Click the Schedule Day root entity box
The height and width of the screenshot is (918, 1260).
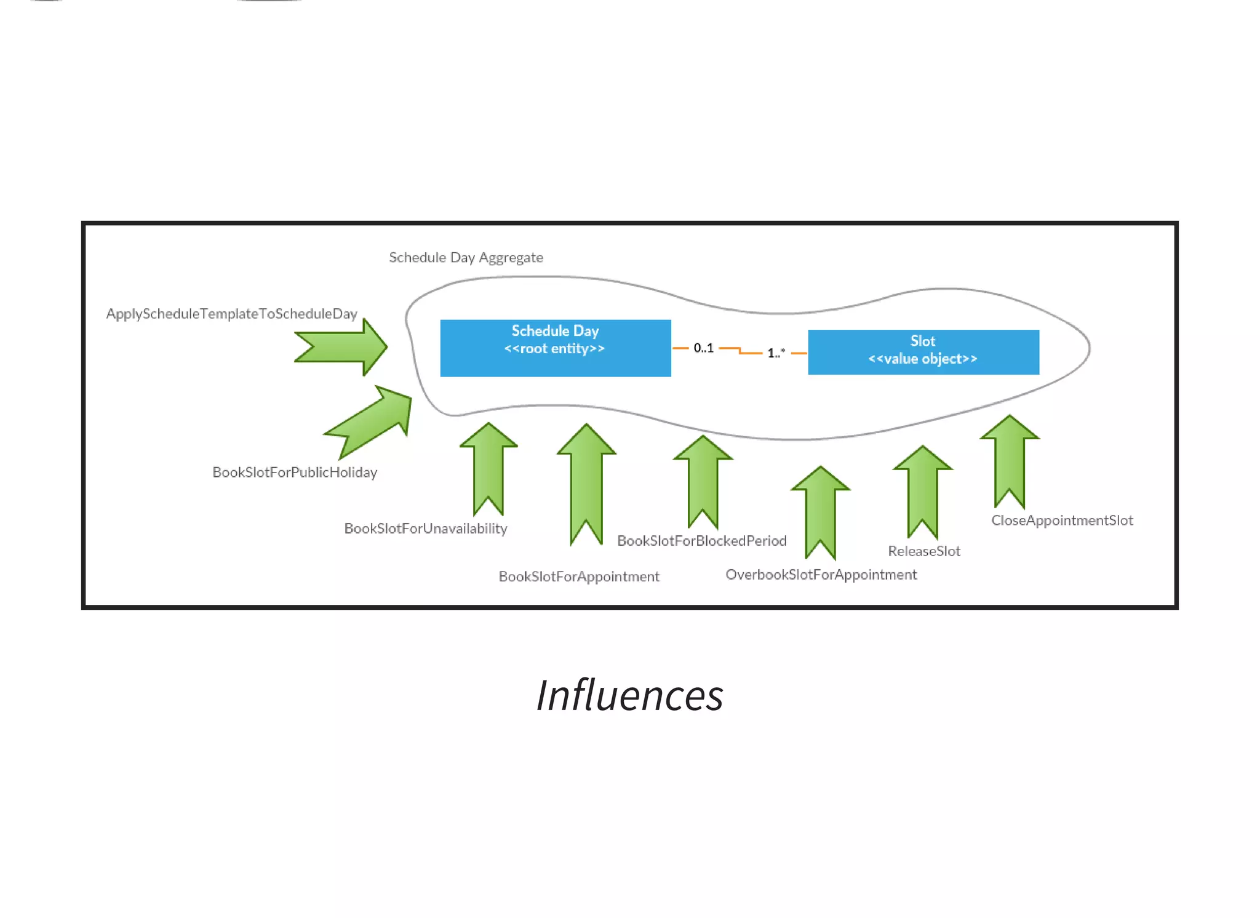point(555,348)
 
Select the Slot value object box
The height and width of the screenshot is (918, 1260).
point(923,352)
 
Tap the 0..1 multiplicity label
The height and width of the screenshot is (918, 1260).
point(703,348)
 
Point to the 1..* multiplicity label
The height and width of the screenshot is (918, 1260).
point(775,353)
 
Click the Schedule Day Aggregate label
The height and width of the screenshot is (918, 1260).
point(466,257)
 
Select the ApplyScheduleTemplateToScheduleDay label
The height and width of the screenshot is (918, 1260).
point(231,314)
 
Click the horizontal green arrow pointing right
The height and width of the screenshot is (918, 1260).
point(342,347)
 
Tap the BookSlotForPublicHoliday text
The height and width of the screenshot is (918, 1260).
point(295,473)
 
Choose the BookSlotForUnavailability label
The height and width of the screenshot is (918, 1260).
point(425,529)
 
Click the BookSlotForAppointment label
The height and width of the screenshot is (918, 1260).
point(578,577)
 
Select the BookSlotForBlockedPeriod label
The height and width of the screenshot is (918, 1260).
point(701,541)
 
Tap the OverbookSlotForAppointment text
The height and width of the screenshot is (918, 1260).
point(821,575)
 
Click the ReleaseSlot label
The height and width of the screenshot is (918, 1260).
point(923,551)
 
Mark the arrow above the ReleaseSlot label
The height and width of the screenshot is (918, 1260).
point(922,489)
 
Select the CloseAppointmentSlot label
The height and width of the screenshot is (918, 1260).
point(1062,521)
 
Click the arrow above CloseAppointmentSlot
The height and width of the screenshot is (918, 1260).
point(1010,458)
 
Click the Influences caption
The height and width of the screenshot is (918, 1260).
point(629,696)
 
